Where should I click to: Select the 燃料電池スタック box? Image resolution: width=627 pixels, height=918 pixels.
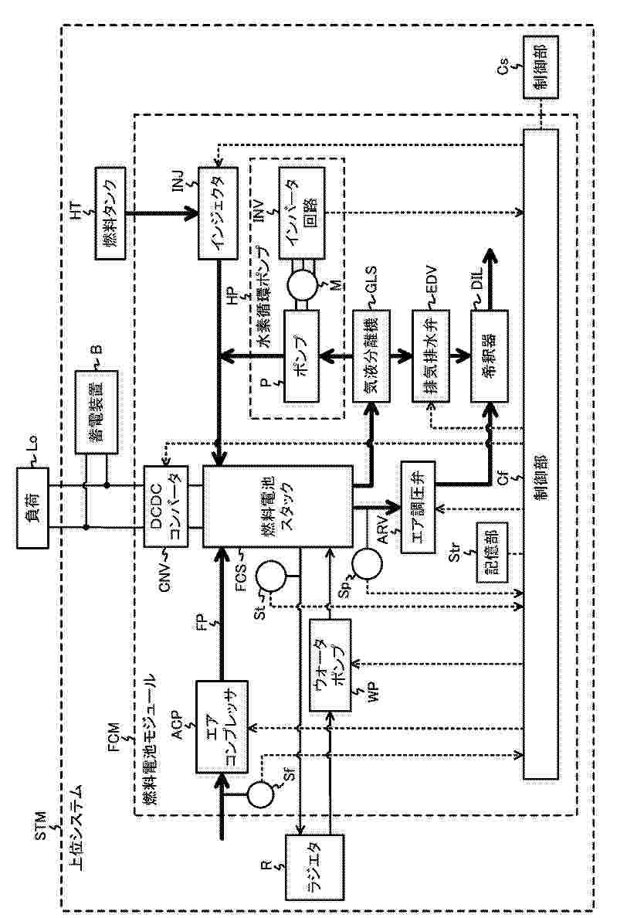pyautogui.click(x=277, y=506)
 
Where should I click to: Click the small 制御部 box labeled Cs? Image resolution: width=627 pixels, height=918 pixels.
pyautogui.click(x=538, y=66)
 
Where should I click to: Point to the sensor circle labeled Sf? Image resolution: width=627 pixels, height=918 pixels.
pyautogui.click(x=259, y=793)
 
